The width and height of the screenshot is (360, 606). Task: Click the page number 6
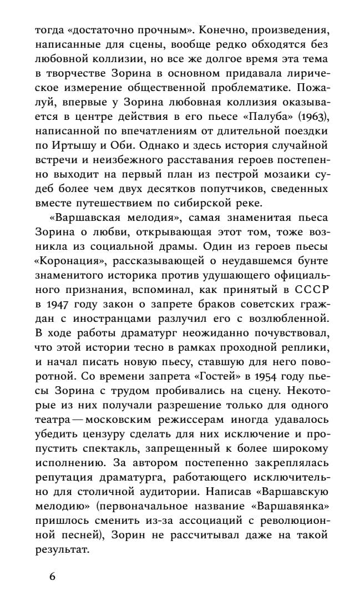coord(52,575)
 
